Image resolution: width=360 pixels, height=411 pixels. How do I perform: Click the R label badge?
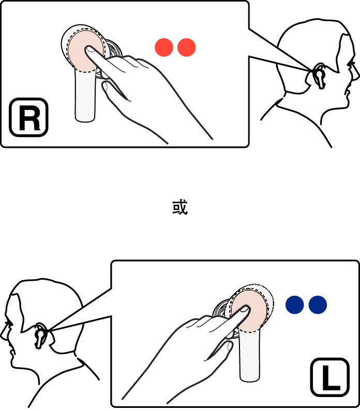pyautogui.click(x=28, y=117)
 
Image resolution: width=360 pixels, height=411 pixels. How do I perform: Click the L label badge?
pyautogui.click(x=330, y=377)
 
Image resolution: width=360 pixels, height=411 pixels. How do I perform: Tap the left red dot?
pyautogui.click(x=164, y=48)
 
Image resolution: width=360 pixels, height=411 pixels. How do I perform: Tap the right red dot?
pyautogui.click(x=187, y=48)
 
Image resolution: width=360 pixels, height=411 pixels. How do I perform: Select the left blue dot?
pyautogui.click(x=295, y=305)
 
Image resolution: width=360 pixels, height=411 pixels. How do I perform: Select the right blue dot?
pyautogui.click(x=318, y=305)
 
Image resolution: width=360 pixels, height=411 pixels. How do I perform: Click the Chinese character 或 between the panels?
pyautogui.click(x=180, y=207)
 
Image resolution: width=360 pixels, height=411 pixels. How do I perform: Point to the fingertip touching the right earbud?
pyautogui.click(x=89, y=50)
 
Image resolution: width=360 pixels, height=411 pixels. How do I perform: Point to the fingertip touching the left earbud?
pyautogui.click(x=245, y=309)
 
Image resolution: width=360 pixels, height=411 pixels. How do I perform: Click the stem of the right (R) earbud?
pyautogui.click(x=85, y=96)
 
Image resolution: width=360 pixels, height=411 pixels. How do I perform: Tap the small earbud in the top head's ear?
pyautogui.click(x=319, y=76)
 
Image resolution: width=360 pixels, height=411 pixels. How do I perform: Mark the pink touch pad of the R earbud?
pyautogui.click(x=85, y=51)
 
